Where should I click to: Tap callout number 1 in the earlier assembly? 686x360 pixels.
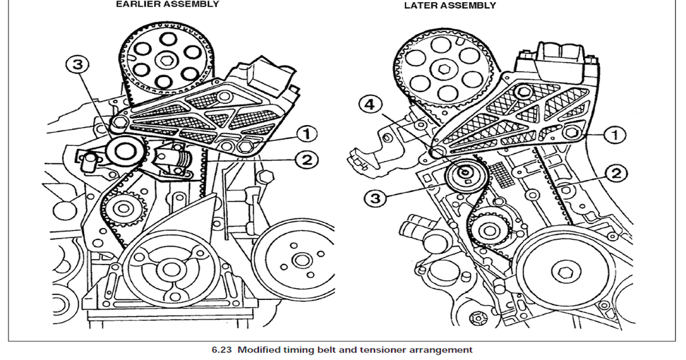[307, 134]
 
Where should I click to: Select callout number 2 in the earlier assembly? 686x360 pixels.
[307, 160]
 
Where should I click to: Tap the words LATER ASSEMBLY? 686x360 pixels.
[450, 6]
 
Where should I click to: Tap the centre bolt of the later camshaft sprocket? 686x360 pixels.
[444, 70]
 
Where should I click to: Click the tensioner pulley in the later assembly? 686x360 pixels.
[465, 174]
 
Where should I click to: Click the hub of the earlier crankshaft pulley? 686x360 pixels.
[169, 267]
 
